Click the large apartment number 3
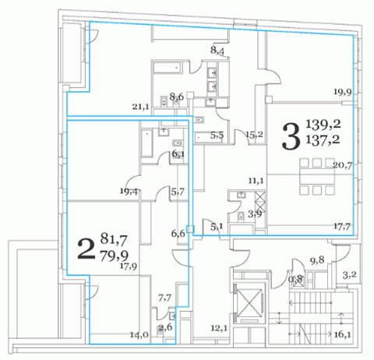pyautogui.click(x=291, y=136)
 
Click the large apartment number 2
pyautogui.click(x=86, y=249)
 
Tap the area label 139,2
pyautogui.click(x=323, y=124)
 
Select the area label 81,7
pyautogui.click(x=114, y=239)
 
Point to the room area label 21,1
pyautogui.click(x=140, y=106)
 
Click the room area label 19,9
pyautogui.click(x=343, y=92)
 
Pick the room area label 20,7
pyautogui.click(x=343, y=165)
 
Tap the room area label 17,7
pyautogui.click(x=342, y=227)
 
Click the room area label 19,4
pyautogui.click(x=129, y=191)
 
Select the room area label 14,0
pyautogui.click(x=139, y=335)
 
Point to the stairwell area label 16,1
pyautogui.click(x=342, y=334)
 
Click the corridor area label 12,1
pyautogui.click(x=219, y=328)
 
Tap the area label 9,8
pyautogui.click(x=317, y=260)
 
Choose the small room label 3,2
pyautogui.click(x=349, y=275)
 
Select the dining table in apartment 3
pyautogui.click(x=317, y=177)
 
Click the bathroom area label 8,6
pyautogui.click(x=177, y=97)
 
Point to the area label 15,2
pyautogui.click(x=254, y=134)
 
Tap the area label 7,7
pyautogui.click(x=164, y=298)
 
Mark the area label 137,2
pyautogui.click(x=323, y=139)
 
